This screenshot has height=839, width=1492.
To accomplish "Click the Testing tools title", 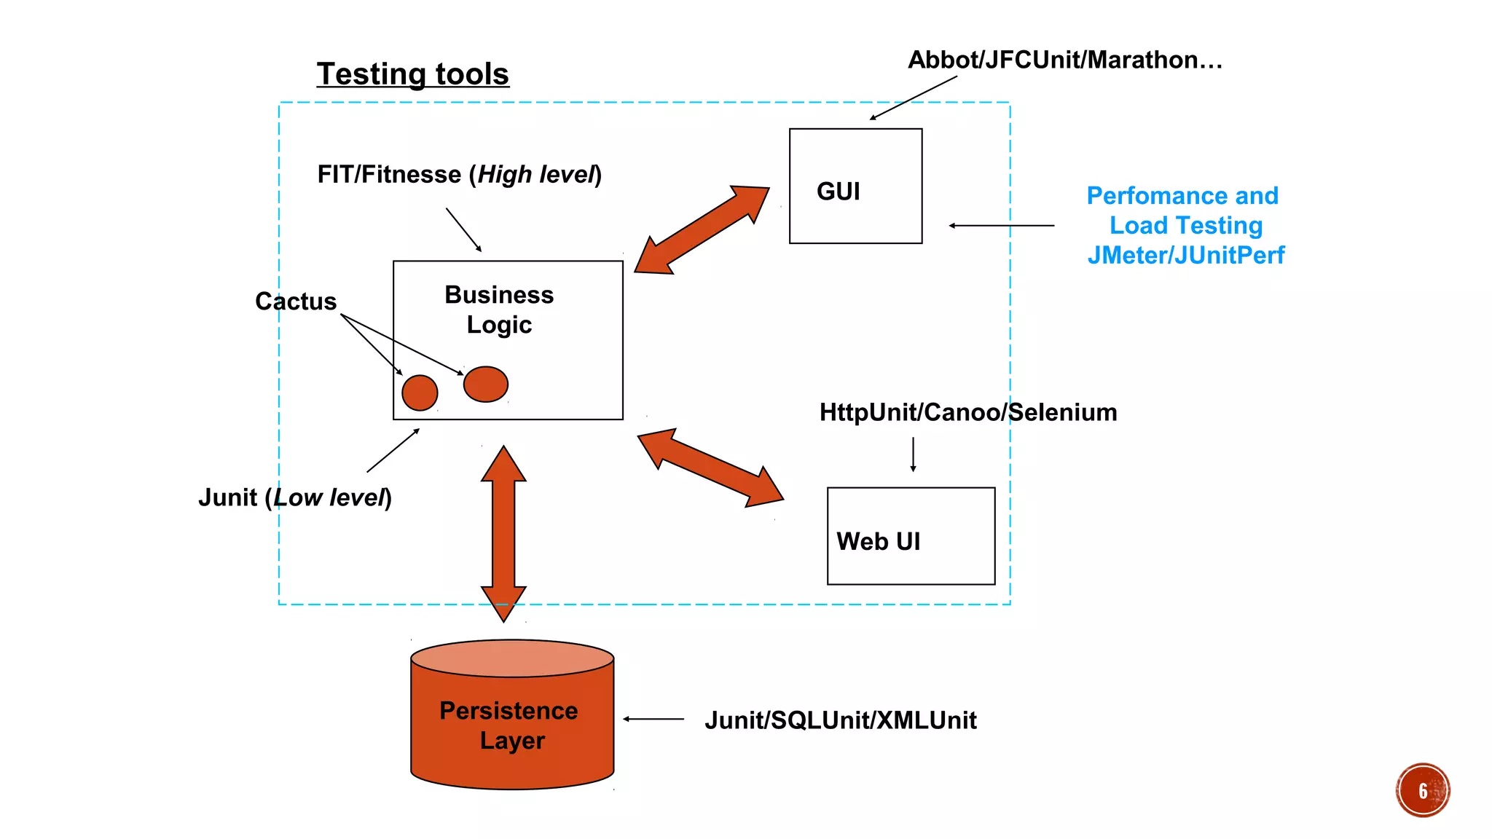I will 412,74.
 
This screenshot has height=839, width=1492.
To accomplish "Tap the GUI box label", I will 838,192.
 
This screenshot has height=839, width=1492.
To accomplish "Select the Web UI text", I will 878,541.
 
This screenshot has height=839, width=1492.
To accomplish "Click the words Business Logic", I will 499,310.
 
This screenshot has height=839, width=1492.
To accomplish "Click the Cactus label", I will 295,302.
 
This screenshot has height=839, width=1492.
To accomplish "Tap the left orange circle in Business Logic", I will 420,393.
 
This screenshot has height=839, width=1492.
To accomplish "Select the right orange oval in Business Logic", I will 485,384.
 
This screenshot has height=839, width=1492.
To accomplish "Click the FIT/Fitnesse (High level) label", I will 459,175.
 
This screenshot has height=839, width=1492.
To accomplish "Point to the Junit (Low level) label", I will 295,497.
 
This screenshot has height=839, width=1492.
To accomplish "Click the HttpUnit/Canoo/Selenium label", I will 967,412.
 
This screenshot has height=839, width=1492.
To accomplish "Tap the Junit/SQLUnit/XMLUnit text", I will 840,720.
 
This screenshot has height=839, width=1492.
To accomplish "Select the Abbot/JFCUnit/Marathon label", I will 1064,60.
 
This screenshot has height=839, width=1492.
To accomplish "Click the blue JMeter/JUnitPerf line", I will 1185,255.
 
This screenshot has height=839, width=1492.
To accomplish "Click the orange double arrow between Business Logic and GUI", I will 701,230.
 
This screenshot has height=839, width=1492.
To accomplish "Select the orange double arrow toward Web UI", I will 710,468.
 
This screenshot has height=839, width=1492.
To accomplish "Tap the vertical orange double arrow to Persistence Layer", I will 503,533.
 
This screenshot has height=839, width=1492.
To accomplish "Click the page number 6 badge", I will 1422,790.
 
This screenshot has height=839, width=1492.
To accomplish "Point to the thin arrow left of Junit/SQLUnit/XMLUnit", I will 653,719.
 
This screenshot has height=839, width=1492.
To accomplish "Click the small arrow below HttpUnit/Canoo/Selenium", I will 913,454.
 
